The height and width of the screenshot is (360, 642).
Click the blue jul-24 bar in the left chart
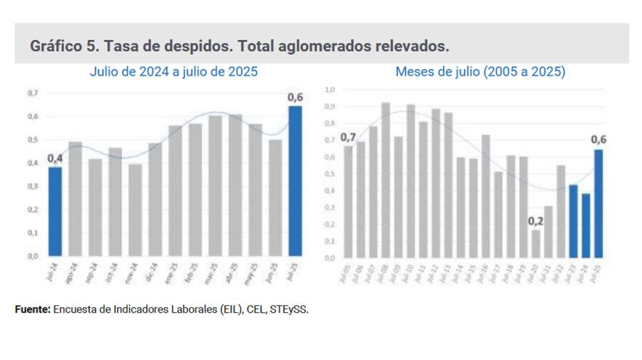coord(55,212)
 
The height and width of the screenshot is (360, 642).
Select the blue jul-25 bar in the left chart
coord(295,181)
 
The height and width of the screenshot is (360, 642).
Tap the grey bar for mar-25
coord(215,185)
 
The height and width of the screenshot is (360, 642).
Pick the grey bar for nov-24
coord(135,210)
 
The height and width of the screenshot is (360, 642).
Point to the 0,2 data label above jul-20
coord(536,220)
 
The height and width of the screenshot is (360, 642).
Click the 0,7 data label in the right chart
coord(348,137)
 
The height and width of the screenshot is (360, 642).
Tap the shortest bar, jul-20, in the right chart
coord(536,243)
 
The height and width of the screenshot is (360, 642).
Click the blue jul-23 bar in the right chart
coord(573,221)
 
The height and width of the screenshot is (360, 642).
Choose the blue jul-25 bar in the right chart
coord(598,203)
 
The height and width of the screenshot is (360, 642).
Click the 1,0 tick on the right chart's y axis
coord(330,90)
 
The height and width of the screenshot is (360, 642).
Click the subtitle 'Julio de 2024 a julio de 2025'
coord(173,72)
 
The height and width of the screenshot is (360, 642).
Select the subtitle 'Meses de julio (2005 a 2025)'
coord(480,72)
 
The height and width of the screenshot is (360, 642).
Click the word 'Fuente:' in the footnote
coord(32,310)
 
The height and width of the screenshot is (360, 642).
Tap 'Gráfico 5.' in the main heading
coord(64,46)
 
